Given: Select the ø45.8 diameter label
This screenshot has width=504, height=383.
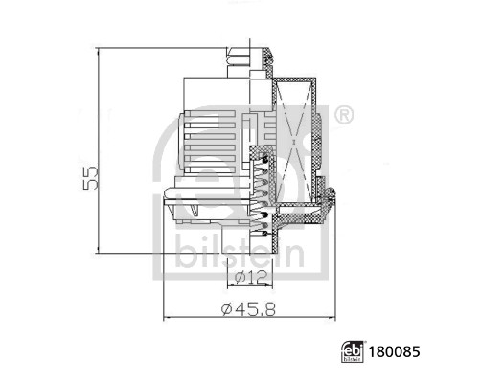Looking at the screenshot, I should click(250, 308).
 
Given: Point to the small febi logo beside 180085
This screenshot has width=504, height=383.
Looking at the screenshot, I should click(352, 352).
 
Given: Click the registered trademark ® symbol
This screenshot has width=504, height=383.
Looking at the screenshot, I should click(343, 116).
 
